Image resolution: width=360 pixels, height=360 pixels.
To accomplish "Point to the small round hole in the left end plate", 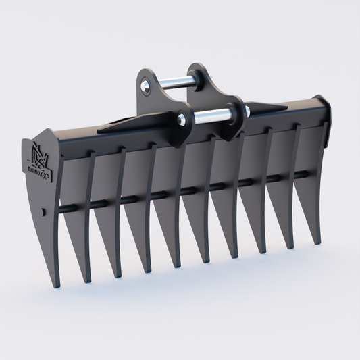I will coord(44,212).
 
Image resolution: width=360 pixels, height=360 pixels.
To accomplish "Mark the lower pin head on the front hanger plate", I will coord(180,120).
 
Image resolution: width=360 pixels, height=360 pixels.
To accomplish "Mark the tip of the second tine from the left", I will coord(87,281).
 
